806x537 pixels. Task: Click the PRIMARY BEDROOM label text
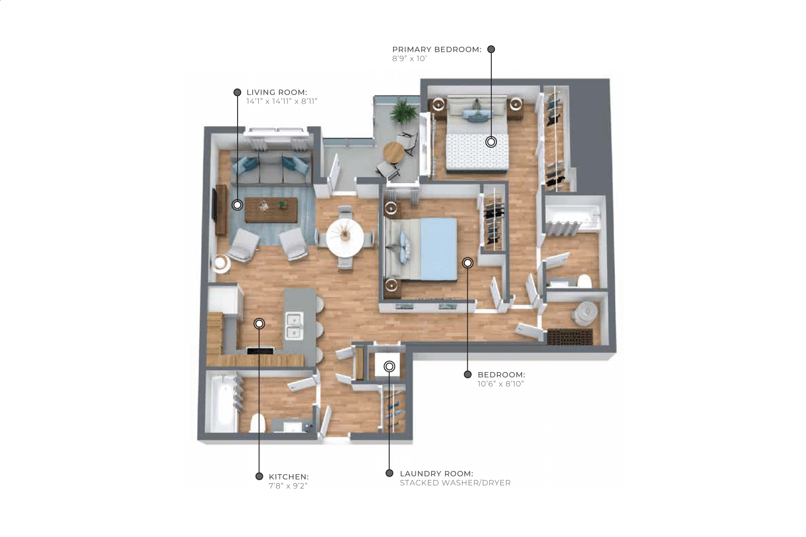(436, 49)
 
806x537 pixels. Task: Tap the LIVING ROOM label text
(277, 93)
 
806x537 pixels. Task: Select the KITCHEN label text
(288, 477)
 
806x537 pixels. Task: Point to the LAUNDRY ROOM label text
(436, 473)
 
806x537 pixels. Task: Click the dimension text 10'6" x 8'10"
(500, 384)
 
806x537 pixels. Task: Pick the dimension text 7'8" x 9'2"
(288, 486)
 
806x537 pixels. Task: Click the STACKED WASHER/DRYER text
(455, 482)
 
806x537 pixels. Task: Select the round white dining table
(345, 238)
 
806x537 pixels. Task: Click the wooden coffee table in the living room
(271, 210)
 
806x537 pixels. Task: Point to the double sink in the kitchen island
(295, 326)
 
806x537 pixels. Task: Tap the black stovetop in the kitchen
(260, 351)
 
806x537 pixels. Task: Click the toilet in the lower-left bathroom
(258, 423)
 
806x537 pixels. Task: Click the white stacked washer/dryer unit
(387, 364)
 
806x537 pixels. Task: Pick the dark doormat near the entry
(570, 337)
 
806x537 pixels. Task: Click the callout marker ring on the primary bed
(491, 142)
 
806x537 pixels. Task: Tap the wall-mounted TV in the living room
(214, 205)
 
